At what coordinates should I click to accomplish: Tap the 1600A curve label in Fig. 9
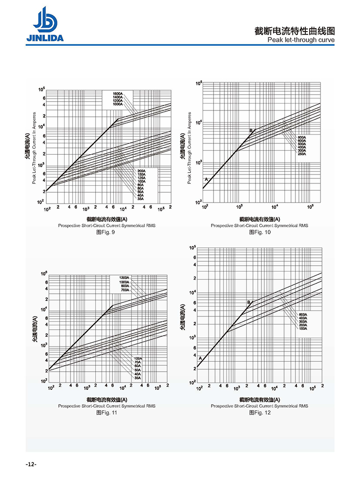click(x=117, y=94)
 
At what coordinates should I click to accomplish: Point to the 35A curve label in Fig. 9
click(x=141, y=199)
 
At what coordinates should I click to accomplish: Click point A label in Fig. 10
click(x=206, y=178)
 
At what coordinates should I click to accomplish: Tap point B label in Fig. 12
click(x=249, y=302)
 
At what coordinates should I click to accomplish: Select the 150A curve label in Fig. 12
click(x=303, y=328)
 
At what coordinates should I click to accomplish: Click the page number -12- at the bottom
click(x=31, y=464)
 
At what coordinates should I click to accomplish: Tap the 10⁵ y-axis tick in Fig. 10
click(x=199, y=83)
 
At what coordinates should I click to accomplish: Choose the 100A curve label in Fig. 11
click(x=138, y=358)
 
